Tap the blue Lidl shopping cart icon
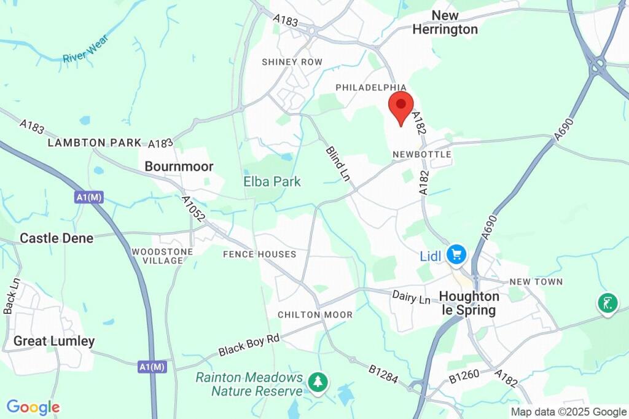pyautogui.click(x=456, y=254)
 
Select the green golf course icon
pyautogui.click(x=607, y=303)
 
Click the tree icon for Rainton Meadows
pyautogui.click(x=318, y=382)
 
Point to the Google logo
pyautogui.click(x=33, y=407)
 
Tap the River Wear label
pyautogui.click(x=85, y=49)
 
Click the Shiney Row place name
pyautogui.click(x=292, y=62)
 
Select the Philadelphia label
pyautogui.click(x=371, y=88)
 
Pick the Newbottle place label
pyautogui.click(x=422, y=154)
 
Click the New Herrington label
pyautogui.click(x=445, y=22)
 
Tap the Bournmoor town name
pyautogui.click(x=179, y=166)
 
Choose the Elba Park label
pyautogui.click(x=272, y=181)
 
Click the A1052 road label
pyautogui.click(x=193, y=209)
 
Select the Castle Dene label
pyautogui.click(x=57, y=238)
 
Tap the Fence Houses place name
pyautogui.click(x=259, y=254)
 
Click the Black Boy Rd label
pyautogui.click(x=249, y=345)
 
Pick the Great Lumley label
pyautogui.click(x=54, y=341)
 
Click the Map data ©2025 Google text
pyautogui.click(x=569, y=412)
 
